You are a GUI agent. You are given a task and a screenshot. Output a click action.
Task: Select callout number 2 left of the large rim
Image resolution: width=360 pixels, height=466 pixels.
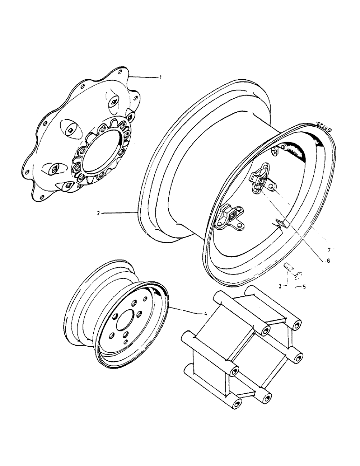click(x=98, y=213)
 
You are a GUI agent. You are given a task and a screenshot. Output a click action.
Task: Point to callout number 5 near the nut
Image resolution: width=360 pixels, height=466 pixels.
click(x=304, y=287)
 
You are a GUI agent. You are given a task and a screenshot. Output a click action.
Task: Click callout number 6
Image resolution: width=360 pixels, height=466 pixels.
click(x=327, y=261)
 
